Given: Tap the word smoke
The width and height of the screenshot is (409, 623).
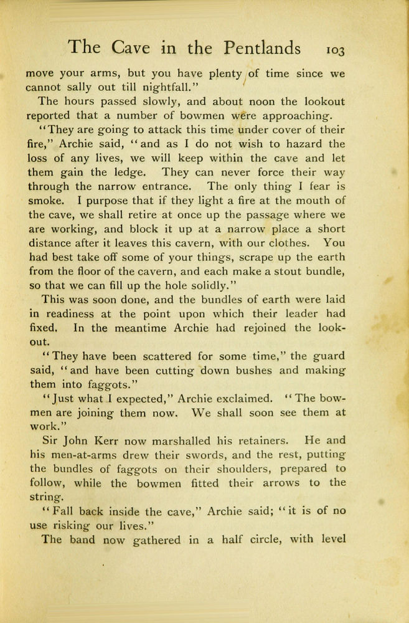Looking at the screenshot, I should pos(44,201).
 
